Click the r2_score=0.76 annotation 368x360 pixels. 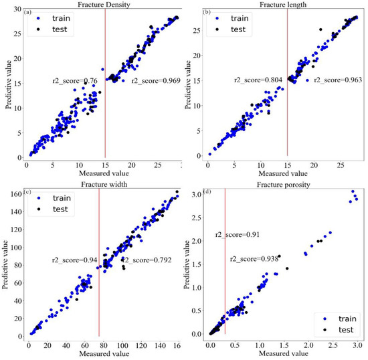75,81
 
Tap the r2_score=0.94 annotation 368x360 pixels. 73,260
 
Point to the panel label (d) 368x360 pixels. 209,193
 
